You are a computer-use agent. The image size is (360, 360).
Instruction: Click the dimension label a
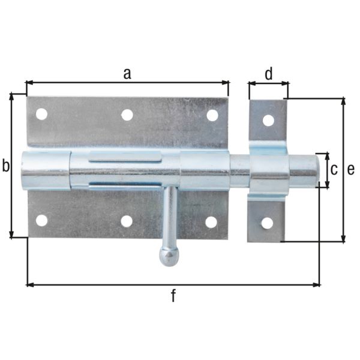click(127, 73)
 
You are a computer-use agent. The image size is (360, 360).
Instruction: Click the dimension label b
click(6, 166)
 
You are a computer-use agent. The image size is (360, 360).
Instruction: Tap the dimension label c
click(335, 170)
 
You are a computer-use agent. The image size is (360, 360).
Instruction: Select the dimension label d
click(269, 74)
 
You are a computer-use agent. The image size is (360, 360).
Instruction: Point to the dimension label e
click(351, 170)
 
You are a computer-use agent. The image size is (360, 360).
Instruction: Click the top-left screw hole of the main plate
click(41, 114)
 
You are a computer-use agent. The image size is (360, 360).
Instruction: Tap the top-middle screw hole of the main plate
click(127, 114)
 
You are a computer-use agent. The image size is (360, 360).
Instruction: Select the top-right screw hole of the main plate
click(212, 115)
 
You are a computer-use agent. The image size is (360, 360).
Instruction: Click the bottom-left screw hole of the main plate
click(41, 220)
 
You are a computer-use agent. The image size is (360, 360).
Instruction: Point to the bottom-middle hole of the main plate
click(127, 221)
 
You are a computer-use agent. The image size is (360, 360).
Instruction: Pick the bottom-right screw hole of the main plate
click(211, 222)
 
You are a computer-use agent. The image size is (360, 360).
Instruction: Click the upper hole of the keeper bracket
click(268, 120)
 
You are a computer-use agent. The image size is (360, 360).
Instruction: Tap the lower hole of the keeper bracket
click(267, 223)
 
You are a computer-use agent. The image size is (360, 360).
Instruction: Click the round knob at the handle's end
click(170, 257)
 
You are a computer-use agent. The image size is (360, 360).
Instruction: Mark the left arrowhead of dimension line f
click(29, 284)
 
